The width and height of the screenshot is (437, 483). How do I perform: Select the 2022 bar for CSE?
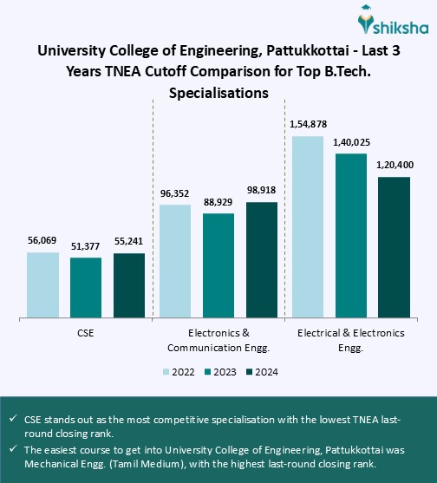(x=42, y=284)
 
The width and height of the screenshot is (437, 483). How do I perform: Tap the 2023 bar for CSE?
(x=86, y=287)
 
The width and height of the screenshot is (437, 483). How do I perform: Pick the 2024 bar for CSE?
(x=129, y=284)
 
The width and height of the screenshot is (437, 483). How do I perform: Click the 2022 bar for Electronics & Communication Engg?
(x=175, y=260)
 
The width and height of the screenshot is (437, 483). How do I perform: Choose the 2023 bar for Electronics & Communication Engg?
(x=218, y=264)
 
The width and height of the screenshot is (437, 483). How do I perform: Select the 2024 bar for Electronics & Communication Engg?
(x=262, y=259)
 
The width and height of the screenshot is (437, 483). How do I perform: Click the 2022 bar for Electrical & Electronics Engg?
(x=308, y=226)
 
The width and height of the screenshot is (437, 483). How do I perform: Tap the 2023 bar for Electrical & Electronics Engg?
(x=351, y=235)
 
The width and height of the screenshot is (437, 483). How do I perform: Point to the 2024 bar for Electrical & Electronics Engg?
(x=394, y=246)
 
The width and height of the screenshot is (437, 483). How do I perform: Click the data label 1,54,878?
(x=308, y=126)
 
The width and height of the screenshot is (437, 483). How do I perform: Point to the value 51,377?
(x=86, y=247)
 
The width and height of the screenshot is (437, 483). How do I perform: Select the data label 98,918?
(x=262, y=192)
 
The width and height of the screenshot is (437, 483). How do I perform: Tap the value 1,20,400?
(x=394, y=166)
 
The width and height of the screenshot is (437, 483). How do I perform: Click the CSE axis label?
(x=86, y=332)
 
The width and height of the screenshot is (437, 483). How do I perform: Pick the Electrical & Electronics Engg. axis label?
(x=351, y=339)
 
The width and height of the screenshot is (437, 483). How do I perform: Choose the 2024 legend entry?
(x=259, y=371)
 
